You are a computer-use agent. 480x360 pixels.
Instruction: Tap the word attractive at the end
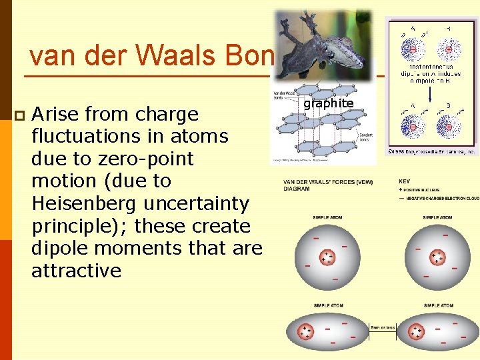(76, 271)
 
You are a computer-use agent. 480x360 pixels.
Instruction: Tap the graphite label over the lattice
(328, 103)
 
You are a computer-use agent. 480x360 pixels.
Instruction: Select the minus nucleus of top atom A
(413, 49)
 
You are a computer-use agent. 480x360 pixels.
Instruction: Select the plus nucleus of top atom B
(448, 49)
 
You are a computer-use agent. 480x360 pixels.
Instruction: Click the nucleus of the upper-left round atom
(327, 258)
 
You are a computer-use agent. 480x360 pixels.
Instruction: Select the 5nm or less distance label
(383, 327)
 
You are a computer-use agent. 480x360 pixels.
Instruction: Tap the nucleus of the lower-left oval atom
(306, 331)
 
